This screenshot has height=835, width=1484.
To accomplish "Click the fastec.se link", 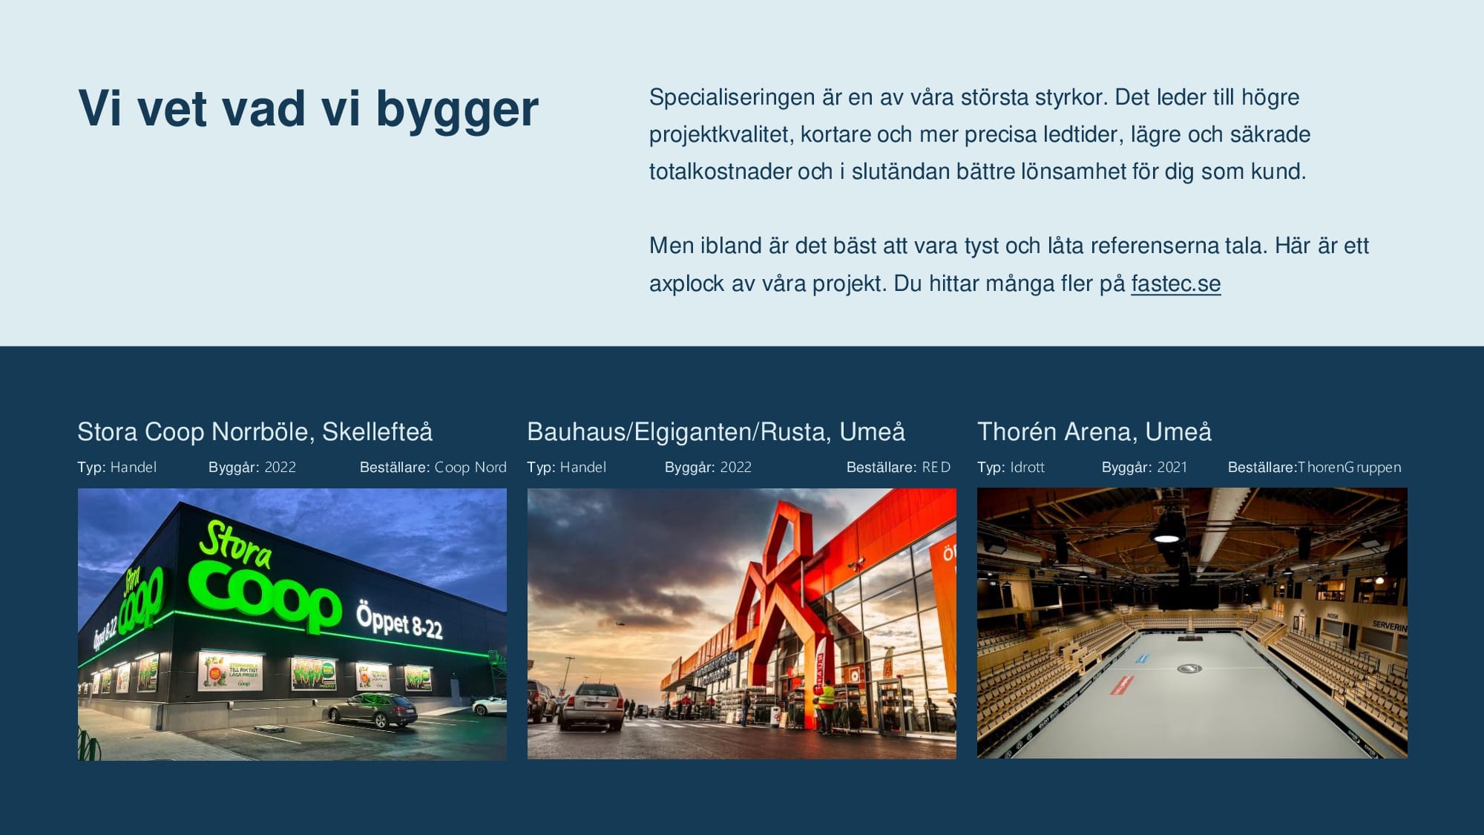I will (1175, 284).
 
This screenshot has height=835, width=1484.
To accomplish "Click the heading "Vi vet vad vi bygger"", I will (308, 108).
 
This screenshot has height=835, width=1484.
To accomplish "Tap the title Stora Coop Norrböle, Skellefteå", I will (255, 431).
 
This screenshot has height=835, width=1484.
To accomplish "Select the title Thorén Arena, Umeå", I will (1094, 431).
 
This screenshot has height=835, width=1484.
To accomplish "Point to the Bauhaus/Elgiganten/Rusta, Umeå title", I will (715, 431).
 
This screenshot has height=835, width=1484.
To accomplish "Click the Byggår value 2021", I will (1172, 467).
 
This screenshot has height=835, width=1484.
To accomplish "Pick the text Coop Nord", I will (470, 467).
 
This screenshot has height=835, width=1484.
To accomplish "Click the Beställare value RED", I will (936, 467).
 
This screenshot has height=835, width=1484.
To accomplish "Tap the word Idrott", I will (1027, 467).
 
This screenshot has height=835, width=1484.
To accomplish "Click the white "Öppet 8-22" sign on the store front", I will (399, 620).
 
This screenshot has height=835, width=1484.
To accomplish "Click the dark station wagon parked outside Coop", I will (373, 710).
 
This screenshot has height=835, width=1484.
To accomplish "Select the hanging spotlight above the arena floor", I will (1168, 529).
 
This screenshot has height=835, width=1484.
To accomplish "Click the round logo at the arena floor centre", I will (1189, 669).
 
